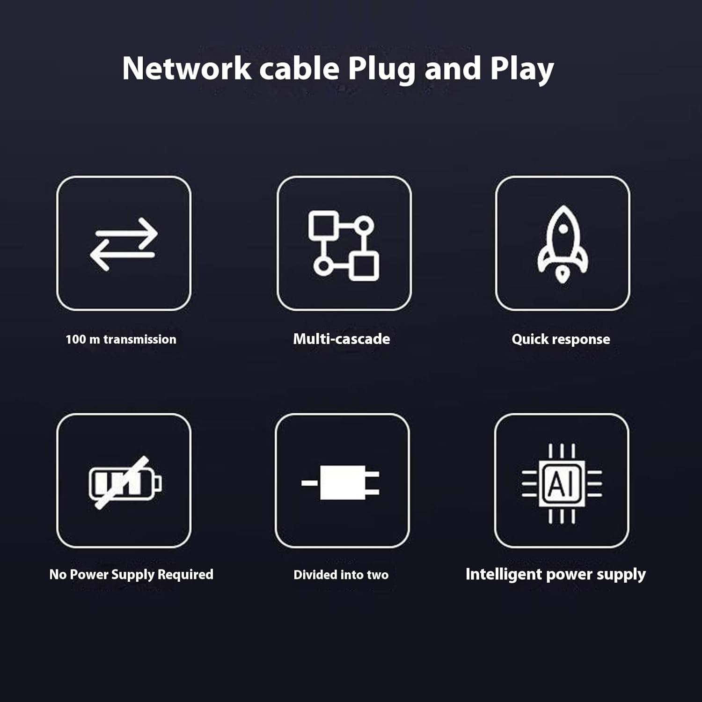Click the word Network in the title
186,69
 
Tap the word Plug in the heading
381,69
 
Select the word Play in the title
522,69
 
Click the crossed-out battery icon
124,482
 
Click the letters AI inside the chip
561,483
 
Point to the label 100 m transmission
121,339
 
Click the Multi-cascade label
341,339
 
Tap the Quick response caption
561,339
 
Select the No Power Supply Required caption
131,574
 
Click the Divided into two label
341,575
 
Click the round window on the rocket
563,229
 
